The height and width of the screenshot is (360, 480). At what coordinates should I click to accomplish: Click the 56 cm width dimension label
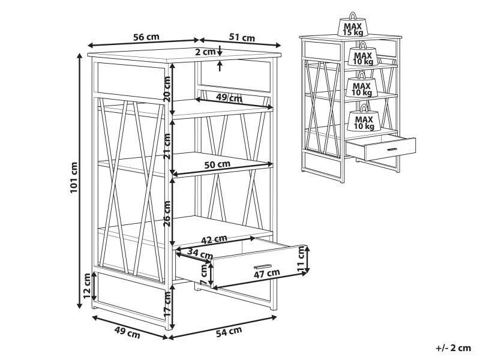146,37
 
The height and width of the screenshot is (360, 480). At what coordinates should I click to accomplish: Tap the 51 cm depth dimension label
242,37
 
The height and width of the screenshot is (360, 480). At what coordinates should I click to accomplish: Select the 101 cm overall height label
74,177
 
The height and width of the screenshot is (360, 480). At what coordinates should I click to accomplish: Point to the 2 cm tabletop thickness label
205,52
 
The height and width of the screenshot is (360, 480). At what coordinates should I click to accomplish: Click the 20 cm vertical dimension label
167,89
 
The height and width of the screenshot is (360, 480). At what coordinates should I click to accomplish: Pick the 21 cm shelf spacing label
167,146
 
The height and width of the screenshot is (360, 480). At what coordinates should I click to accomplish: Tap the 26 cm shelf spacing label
167,214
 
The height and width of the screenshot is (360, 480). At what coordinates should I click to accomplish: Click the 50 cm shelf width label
217,164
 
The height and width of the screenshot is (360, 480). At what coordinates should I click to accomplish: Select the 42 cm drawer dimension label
214,239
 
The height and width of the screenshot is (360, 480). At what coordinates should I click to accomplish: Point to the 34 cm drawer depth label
200,253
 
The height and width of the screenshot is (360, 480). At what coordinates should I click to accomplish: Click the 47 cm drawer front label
266,273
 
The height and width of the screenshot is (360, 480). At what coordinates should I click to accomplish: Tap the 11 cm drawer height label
301,259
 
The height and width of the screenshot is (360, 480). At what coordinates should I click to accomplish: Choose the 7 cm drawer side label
203,274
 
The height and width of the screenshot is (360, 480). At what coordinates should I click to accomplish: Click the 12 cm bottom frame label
87,286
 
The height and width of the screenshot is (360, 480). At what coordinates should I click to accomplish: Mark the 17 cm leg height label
167,304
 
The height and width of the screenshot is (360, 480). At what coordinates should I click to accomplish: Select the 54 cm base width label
229,332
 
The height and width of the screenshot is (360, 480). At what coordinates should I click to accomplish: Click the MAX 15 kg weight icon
353,25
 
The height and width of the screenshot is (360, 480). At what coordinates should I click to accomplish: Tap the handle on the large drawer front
262,265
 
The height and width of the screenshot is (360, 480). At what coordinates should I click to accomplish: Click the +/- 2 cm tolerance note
453,348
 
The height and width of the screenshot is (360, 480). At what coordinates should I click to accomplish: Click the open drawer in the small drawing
381,148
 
